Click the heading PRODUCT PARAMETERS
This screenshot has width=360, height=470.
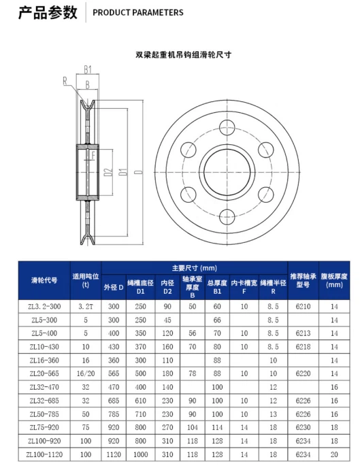138,13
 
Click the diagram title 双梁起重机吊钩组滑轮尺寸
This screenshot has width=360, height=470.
183,55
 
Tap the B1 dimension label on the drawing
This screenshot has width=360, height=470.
88,70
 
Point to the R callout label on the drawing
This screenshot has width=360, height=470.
65,81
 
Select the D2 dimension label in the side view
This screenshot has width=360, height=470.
109,172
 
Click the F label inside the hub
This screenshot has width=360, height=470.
93,156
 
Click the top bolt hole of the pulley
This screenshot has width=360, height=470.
227,127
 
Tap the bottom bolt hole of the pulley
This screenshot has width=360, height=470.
227,216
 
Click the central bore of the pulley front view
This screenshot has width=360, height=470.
227,172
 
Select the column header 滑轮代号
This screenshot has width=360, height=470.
44,280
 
